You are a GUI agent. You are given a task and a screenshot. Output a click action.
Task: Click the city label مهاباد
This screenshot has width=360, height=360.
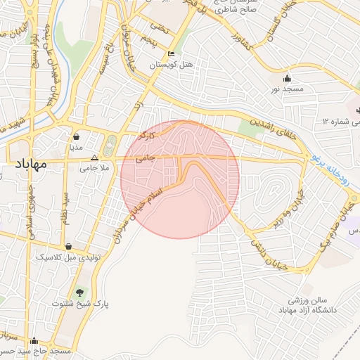coord(31,165)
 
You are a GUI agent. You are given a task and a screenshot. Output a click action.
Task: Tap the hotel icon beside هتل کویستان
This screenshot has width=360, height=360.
coord(172,54)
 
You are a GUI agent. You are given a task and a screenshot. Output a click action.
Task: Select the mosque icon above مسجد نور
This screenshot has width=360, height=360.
coord(287,79)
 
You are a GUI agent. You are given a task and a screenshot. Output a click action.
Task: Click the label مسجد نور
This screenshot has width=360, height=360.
coord(287,90)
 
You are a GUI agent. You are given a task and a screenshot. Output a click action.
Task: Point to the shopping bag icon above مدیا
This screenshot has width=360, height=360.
coord(75,137)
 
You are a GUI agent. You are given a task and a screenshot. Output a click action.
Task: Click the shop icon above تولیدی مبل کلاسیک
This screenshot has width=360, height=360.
coord(69,247)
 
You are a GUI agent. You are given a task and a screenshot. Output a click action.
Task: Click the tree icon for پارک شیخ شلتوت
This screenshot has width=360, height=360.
coord(79,292)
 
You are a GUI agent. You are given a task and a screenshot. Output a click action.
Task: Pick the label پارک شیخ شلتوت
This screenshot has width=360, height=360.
coord(80,304)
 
